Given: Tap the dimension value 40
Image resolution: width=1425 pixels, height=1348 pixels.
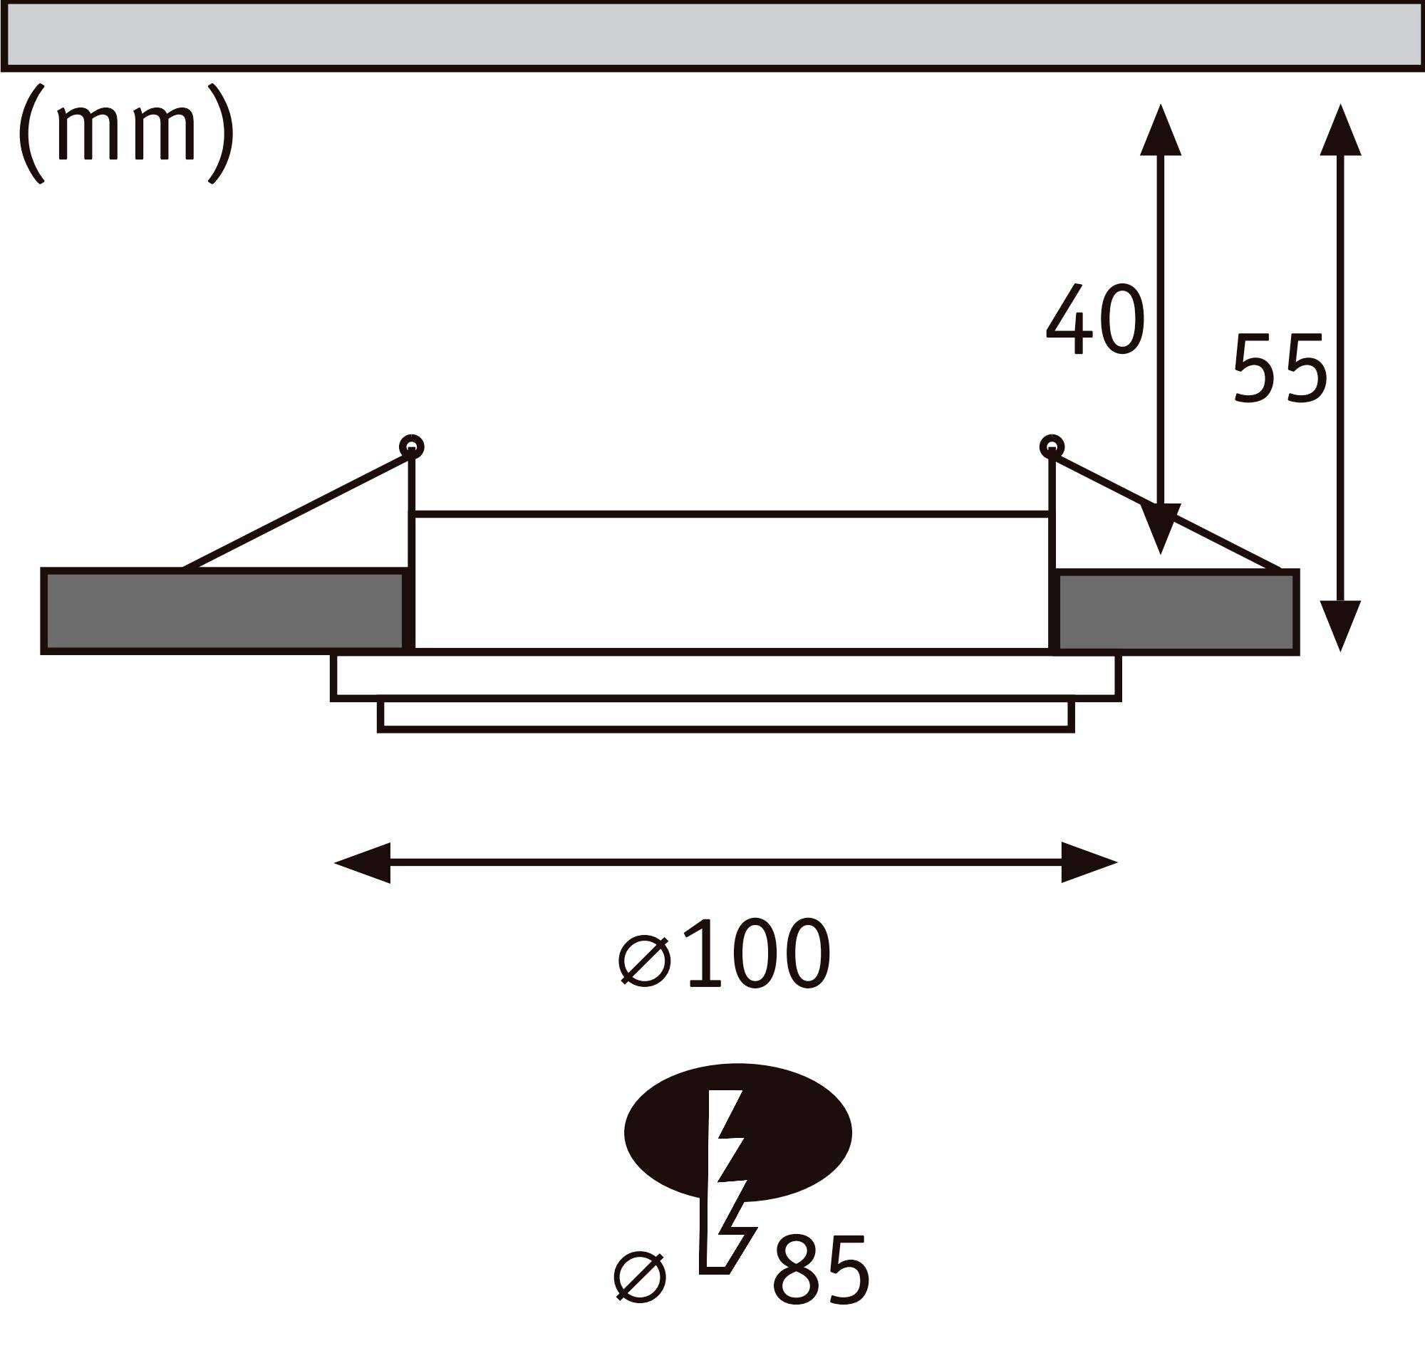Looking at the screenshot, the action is pos(1094,320).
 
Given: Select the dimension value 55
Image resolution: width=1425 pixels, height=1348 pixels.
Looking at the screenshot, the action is pos(1279,368).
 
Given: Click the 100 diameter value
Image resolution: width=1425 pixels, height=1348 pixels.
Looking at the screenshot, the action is pos(759,956).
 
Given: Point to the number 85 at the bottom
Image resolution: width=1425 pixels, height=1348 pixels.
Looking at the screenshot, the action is pos(820,1270).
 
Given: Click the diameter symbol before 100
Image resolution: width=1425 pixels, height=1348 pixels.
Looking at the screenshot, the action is pos(643,961).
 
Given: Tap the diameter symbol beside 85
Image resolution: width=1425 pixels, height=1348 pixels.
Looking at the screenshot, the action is pos(640,1277).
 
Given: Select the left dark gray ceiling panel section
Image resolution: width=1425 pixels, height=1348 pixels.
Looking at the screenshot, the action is pos(223,612).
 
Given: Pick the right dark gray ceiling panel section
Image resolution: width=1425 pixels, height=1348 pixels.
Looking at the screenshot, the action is pos(1176,612).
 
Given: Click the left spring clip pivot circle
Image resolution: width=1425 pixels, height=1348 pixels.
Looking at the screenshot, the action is pos(412,447).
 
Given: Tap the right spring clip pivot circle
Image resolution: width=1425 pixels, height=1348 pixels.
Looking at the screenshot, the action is pos(1052,447).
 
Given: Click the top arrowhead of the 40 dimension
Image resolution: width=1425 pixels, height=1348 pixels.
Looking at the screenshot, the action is pos(1161,131).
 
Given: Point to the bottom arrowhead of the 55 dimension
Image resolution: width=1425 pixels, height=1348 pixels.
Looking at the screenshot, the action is pos(1340,624).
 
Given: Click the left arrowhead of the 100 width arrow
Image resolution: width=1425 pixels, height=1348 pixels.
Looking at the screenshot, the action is pos(364,862).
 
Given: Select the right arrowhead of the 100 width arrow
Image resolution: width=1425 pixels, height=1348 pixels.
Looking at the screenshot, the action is pos(1089,862).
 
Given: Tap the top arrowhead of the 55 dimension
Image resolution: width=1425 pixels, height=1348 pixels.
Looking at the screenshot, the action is pos(1340,131).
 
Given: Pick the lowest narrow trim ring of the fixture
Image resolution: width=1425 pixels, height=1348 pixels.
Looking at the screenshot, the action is pos(726,716).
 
